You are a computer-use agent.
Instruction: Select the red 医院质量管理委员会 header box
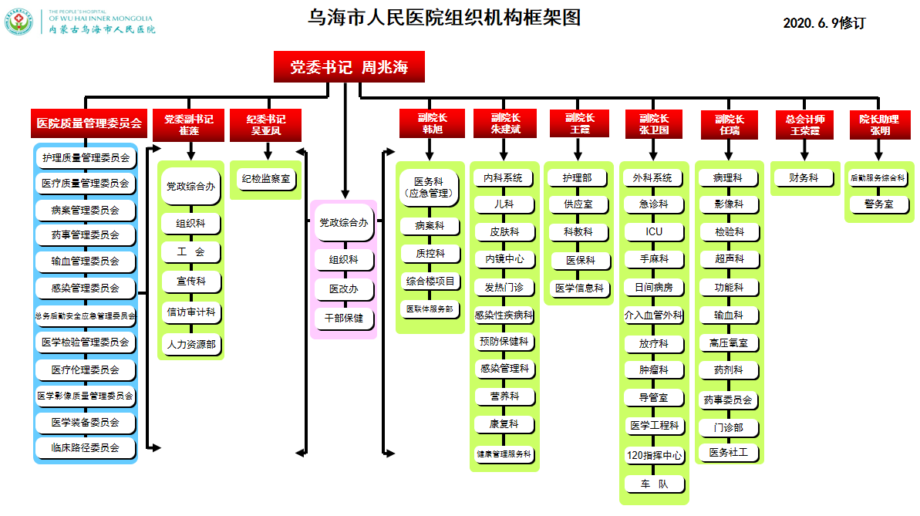click(89, 123)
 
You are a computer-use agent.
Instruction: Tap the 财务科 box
click(804, 178)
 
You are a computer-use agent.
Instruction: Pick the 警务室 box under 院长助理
click(879, 204)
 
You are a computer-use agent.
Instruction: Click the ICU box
click(654, 231)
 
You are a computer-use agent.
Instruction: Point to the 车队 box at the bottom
click(654, 484)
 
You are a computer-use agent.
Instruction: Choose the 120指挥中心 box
click(654, 455)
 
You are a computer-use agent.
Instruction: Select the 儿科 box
click(504, 204)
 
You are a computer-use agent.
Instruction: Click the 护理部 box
click(578, 178)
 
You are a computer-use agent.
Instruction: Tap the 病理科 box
click(728, 178)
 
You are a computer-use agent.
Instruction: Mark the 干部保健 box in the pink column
click(344, 317)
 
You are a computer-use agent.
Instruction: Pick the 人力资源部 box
click(191, 344)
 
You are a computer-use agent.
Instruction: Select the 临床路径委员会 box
click(86, 447)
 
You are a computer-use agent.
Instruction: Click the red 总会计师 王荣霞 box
click(804, 125)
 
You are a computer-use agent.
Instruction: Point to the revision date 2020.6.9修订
click(824, 23)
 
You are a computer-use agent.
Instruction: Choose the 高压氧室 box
click(728, 342)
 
